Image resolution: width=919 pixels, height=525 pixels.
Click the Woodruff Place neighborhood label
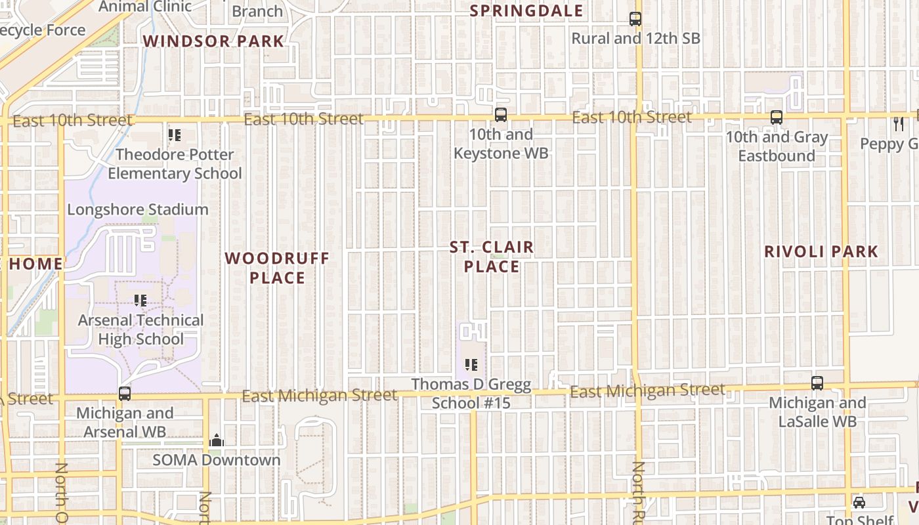277,268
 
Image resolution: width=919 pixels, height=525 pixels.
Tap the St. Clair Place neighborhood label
492,257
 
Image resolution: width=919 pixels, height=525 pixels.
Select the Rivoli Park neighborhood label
821,251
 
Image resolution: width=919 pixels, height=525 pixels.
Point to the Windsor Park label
213,41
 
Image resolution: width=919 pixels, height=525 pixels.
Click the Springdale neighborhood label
526,11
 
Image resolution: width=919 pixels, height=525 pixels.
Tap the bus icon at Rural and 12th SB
635,19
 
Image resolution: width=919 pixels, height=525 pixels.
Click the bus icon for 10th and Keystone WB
501,115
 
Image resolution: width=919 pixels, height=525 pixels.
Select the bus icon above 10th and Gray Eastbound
777,117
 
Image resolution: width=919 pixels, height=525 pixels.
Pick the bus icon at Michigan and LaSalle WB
817,383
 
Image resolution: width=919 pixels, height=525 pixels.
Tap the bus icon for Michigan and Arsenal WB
125,394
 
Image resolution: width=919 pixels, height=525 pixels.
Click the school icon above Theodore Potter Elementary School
175,135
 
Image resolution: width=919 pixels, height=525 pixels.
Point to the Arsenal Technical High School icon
140,301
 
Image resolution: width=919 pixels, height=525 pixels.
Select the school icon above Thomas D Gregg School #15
471,364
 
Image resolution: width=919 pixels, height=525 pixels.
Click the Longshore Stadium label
138,210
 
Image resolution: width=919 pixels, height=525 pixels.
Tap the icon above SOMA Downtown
217,441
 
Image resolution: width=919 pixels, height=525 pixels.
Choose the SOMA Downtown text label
217,460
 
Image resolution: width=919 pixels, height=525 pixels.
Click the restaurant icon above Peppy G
899,123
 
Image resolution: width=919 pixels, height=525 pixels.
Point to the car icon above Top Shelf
859,503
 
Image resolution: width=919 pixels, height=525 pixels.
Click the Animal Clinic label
145,7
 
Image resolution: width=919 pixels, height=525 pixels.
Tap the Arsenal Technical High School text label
141,329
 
